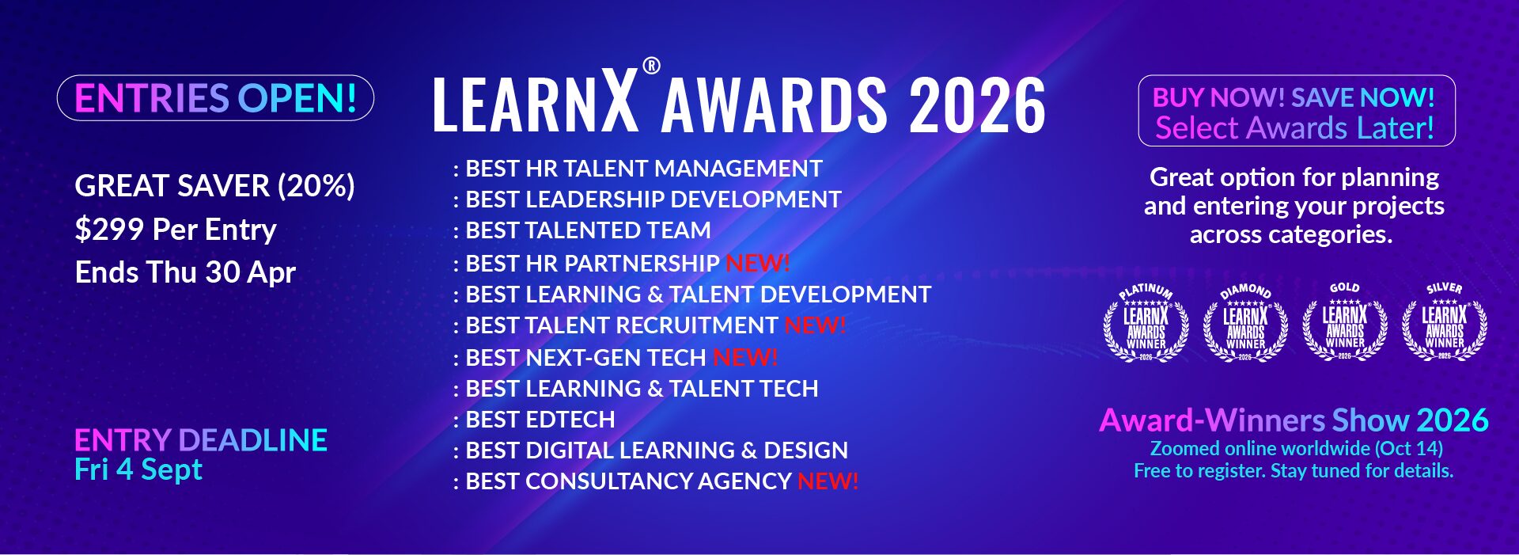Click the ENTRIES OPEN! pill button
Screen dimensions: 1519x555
tap(215, 98)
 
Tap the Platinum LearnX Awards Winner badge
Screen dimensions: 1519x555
tap(1146, 323)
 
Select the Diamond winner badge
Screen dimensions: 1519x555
tap(1245, 323)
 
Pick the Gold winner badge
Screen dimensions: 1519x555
tap(1345, 323)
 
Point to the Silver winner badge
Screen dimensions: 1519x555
tap(1445, 323)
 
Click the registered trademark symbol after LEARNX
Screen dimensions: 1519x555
tap(651, 66)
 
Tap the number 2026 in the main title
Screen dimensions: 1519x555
tap(977, 105)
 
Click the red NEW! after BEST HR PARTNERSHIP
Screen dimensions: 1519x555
tap(758, 263)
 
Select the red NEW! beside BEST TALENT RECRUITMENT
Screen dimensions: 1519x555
tap(816, 325)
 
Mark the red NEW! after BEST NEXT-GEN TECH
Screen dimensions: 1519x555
tap(745, 358)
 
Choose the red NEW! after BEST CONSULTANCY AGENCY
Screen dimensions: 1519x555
tap(828, 481)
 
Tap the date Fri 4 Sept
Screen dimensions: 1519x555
tap(138, 469)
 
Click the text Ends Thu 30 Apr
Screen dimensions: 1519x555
tap(185, 272)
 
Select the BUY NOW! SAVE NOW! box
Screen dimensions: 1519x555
tap(1297, 111)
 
